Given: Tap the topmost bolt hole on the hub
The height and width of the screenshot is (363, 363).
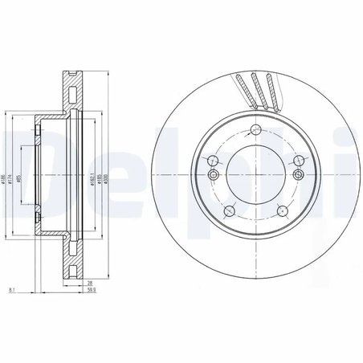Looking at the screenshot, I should pyautogui.click(x=255, y=130).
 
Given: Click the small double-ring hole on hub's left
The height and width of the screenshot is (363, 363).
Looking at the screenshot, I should pyautogui.click(x=213, y=174).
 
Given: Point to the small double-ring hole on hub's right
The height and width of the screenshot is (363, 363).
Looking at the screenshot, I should pyautogui.click(x=298, y=174).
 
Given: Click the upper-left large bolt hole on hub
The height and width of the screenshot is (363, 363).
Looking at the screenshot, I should pyautogui.click(x=213, y=160).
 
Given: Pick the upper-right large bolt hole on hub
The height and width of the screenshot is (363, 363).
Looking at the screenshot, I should pyautogui.click(x=298, y=160).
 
